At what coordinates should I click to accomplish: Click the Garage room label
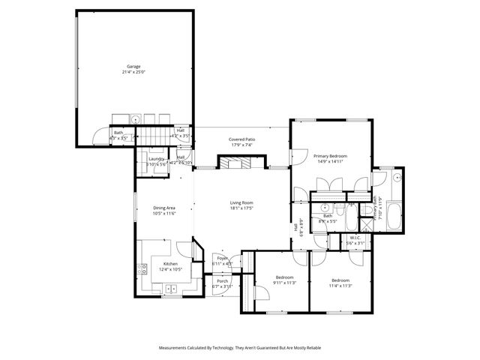pos(133,66)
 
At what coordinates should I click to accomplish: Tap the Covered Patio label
pos(242,139)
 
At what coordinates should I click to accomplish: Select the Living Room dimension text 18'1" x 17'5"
pos(241,208)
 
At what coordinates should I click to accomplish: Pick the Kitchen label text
pos(170,264)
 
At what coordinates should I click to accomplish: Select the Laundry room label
pos(157,158)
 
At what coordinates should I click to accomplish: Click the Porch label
pos(223,280)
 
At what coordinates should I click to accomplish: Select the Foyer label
pos(223,258)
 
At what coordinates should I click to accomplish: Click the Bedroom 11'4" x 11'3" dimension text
pos(340,285)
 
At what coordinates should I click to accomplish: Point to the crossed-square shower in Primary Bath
pos(367,211)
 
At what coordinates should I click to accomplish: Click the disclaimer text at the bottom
pos(240,348)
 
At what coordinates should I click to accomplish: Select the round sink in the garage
pos(136,119)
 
